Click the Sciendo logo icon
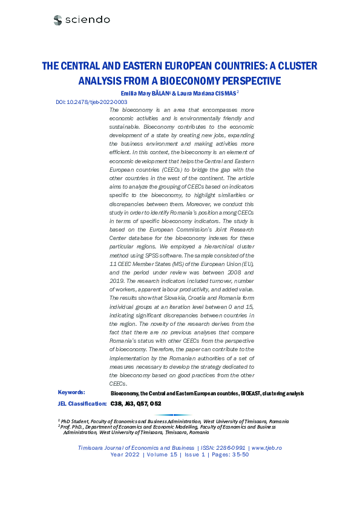[57, 20]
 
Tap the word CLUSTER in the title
[293, 65]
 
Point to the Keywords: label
[71, 392]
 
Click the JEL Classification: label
[82, 403]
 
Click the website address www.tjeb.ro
[266, 447]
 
